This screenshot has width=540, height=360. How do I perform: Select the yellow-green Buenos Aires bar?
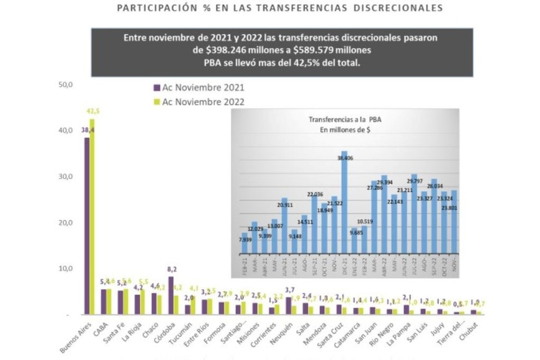coord(92,217)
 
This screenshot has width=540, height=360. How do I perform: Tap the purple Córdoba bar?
coord(171,295)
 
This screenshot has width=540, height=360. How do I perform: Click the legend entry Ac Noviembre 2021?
coord(202,87)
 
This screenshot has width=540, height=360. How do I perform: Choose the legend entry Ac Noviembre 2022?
coord(202,102)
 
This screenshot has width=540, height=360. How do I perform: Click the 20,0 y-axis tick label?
coord(65,223)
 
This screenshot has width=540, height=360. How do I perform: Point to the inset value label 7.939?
coord(245,240)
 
